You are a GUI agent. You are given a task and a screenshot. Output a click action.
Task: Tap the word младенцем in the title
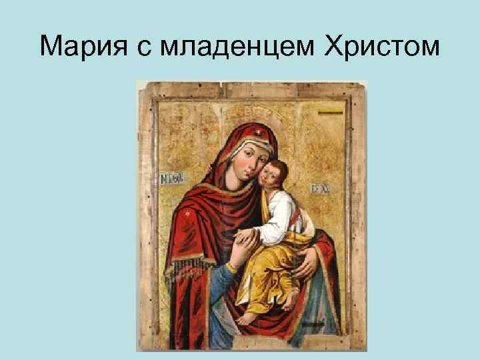coord(230,47)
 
